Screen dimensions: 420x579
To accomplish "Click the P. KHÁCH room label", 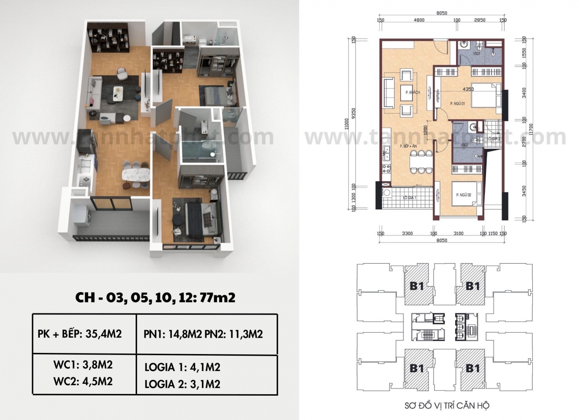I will pyautogui.click(x=413, y=92).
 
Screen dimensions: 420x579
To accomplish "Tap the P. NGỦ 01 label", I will pyautogui.click(x=457, y=104).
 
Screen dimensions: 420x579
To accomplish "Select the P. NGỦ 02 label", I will pyautogui.click(x=464, y=195).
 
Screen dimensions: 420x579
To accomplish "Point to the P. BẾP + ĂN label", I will pyautogui.click(x=408, y=146).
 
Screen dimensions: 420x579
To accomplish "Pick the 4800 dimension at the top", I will pyautogui.click(x=419, y=20).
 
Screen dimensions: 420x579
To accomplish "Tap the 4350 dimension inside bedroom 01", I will pyautogui.click(x=468, y=89).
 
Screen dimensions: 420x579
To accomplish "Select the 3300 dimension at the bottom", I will pyautogui.click(x=407, y=233).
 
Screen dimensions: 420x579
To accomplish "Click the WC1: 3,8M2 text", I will pyautogui.click(x=83, y=365).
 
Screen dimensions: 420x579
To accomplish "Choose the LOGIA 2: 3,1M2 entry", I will pyautogui.click(x=182, y=384).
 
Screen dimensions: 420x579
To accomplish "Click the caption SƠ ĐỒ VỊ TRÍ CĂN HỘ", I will pyautogui.click(x=447, y=405).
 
